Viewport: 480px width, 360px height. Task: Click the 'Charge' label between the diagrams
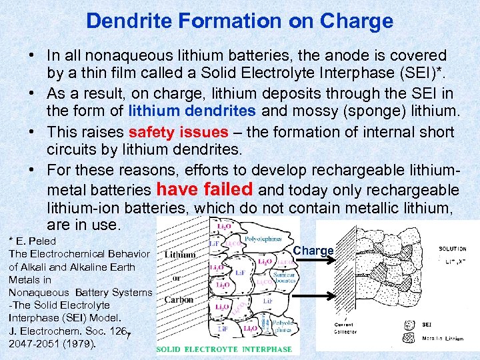[x=313, y=251]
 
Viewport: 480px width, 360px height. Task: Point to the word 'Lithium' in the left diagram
[x=180, y=254]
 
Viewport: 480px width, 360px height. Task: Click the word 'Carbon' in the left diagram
[x=179, y=300]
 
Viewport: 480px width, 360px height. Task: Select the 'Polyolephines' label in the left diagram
[x=263, y=238]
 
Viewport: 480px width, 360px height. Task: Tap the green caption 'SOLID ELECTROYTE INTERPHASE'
[x=224, y=349]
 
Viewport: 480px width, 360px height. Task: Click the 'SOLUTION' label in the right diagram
[x=453, y=249]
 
